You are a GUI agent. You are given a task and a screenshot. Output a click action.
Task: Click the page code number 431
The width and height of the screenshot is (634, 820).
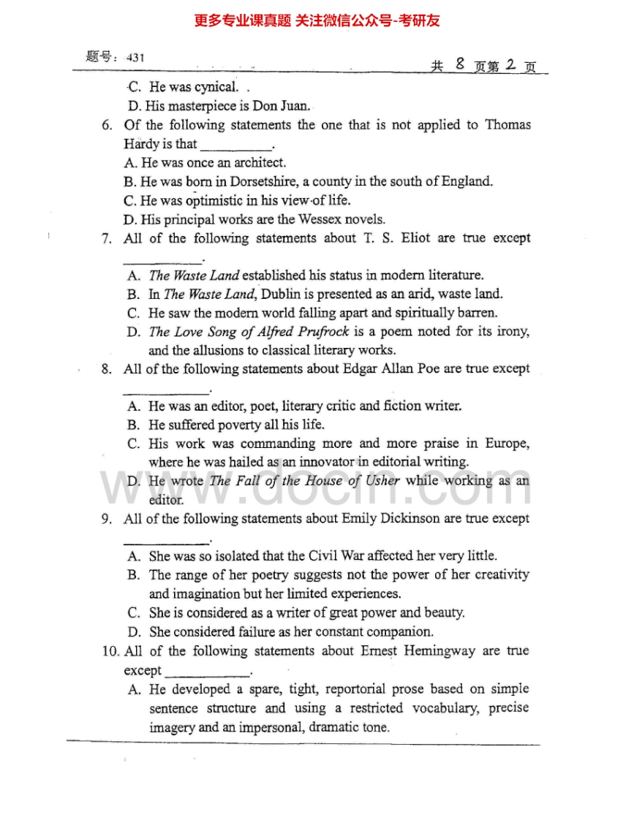(136, 57)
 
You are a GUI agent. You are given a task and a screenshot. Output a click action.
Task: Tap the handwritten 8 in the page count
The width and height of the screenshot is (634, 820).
(459, 64)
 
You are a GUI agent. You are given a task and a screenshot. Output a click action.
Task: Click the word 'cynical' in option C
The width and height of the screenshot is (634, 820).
(216, 87)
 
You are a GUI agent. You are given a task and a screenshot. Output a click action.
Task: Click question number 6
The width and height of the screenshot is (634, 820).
(107, 125)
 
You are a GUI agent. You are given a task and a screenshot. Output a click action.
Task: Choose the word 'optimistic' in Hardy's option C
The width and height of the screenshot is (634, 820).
(217, 200)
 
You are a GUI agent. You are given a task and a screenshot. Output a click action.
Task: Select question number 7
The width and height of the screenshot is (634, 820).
(107, 238)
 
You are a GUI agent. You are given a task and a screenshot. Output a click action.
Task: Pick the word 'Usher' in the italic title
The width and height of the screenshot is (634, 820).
(382, 481)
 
